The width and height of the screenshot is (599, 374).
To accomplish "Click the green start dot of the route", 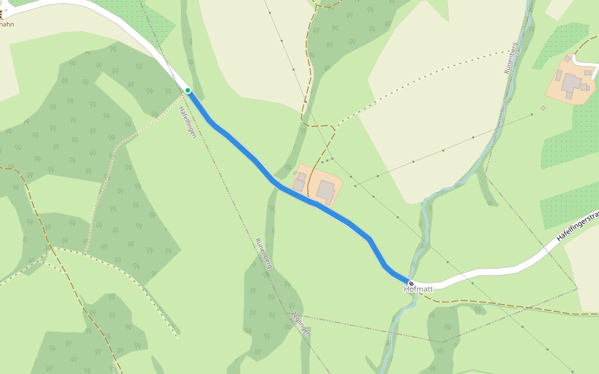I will pos(188,90).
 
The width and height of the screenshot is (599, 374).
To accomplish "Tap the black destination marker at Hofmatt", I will pos(411,284).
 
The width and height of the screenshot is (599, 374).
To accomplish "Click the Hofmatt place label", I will pos(418,289).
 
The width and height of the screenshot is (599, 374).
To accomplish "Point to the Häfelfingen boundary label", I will pos(187,122).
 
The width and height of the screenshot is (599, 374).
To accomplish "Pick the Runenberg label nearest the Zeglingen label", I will pos(264,253).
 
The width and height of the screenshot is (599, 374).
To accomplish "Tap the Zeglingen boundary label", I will pos(301,324).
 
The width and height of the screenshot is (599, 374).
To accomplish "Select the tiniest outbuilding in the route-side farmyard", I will pos(295,173).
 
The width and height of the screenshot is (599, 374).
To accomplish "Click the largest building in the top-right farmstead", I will pos(571,82).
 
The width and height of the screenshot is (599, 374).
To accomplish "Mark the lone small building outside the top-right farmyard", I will pos(543,108).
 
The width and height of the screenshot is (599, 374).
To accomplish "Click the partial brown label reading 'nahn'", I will pos(7,24).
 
